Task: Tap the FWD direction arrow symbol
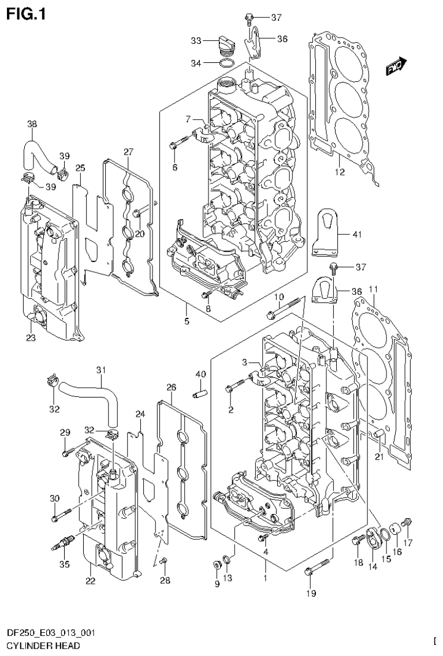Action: pyautogui.click(x=397, y=67)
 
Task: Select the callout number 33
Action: pyautogui.click(x=196, y=40)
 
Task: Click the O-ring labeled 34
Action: pyautogui.click(x=228, y=62)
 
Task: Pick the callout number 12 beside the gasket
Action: pyautogui.click(x=339, y=172)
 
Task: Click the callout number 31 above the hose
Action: pyautogui.click(x=101, y=370)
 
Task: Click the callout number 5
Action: pyautogui.click(x=187, y=321)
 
